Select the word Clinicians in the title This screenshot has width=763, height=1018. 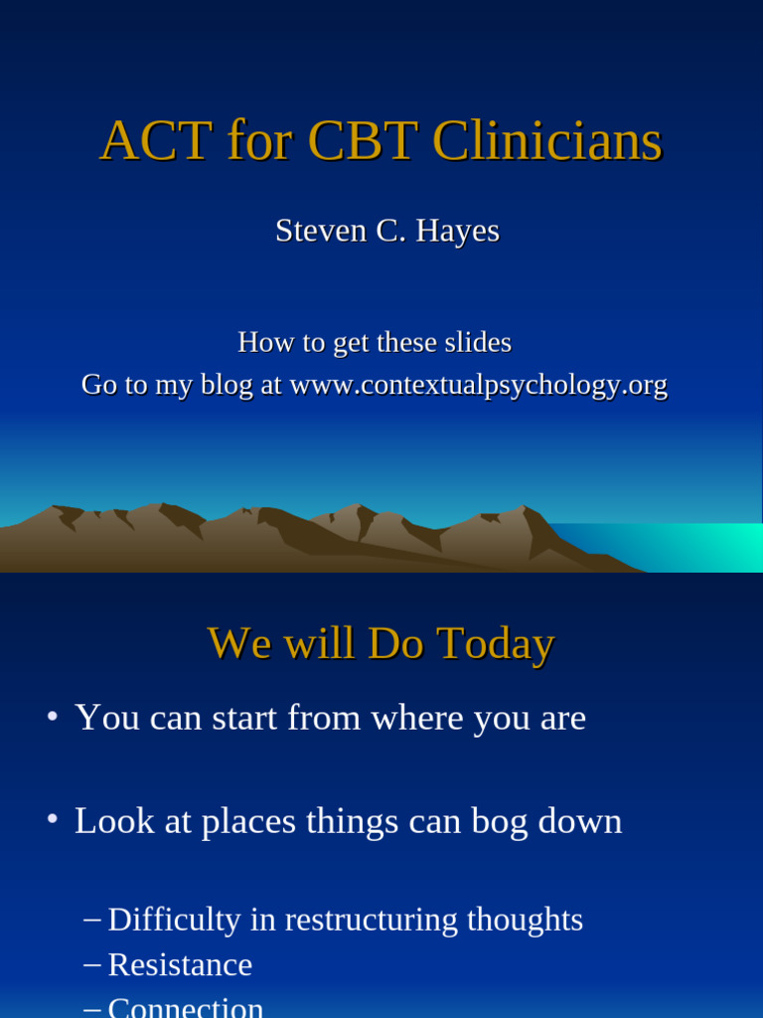[546, 141]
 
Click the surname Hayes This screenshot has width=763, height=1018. [457, 231]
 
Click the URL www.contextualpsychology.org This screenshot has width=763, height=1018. [478, 385]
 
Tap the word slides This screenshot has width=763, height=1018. [472, 343]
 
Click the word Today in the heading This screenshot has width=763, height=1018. [495, 643]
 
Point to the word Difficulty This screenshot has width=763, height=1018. [174, 920]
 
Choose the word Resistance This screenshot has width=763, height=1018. [180, 964]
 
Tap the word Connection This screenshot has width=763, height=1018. [186, 1006]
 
